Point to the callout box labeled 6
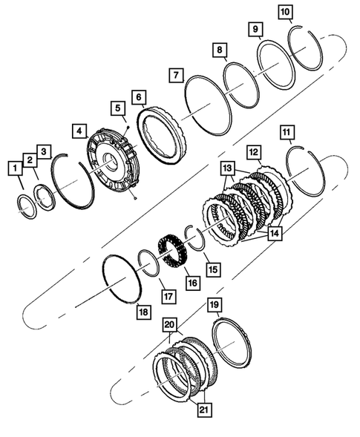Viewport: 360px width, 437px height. pos(139,97)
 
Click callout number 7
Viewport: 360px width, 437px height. pos(176,75)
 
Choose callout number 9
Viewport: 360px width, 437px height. pos(255,29)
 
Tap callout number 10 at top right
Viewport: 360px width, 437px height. pos(286,11)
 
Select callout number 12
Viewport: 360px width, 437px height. pos(254,152)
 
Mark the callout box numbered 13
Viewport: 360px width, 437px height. pos(226,168)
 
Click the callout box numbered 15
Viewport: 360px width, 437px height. pos(212,268)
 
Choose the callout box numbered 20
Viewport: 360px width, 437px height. pos(170,325)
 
